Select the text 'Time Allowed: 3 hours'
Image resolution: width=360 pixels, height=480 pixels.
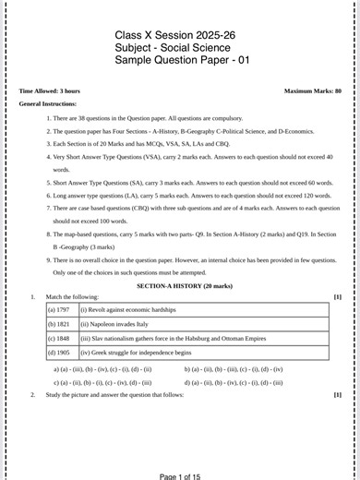(50, 91)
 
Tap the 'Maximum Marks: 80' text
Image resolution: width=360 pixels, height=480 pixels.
(313, 91)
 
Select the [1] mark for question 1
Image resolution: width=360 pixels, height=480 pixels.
(337, 296)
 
